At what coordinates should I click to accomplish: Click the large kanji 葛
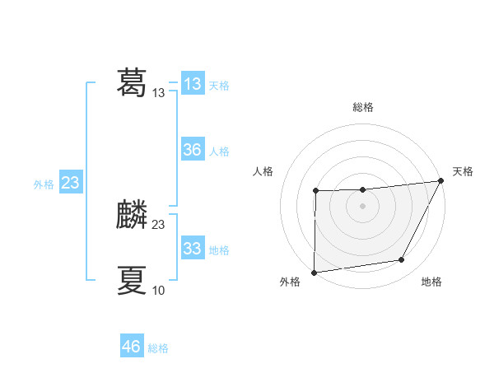pyautogui.click(x=132, y=82)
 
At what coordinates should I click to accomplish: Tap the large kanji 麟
pyautogui.click(x=132, y=214)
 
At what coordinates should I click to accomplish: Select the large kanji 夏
pyautogui.click(x=132, y=280)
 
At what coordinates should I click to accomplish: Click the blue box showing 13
pyautogui.click(x=193, y=84)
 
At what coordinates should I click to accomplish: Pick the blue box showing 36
pyautogui.click(x=193, y=150)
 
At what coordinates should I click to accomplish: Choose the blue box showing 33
pyautogui.click(x=193, y=249)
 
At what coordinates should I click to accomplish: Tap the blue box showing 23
pyautogui.click(x=70, y=183)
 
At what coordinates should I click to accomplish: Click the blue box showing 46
pyautogui.click(x=132, y=347)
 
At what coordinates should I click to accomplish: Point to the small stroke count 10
pyautogui.click(x=158, y=290)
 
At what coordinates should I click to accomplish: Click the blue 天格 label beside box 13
pyautogui.click(x=219, y=86)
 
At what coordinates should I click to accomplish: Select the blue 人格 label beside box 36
pyautogui.click(x=219, y=152)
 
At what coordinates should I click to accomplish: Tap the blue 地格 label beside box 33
pyautogui.click(x=219, y=250)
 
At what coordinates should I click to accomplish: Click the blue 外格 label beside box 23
pyautogui.click(x=44, y=184)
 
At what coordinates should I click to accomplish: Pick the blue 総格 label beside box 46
pyautogui.click(x=158, y=348)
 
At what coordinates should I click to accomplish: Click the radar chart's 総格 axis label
pyautogui.click(x=362, y=107)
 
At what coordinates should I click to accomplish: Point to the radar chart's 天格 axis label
pyautogui.click(x=463, y=171)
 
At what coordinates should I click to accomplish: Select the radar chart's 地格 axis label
pyautogui.click(x=431, y=282)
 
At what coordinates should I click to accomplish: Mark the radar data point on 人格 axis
pyautogui.click(x=315, y=191)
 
